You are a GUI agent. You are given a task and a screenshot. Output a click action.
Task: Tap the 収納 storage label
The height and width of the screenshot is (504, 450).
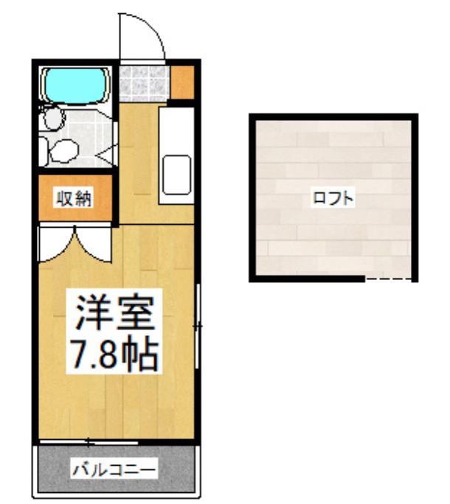[x=75, y=199]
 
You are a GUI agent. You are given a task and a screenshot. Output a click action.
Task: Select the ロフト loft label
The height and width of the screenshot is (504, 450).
[x=333, y=198]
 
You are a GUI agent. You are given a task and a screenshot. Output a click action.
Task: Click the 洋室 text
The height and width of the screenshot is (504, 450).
[x=114, y=312]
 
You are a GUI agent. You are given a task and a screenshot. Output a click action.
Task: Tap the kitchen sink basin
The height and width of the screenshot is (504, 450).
[x=176, y=175]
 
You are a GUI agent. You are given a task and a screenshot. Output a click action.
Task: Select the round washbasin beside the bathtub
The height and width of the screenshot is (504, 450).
[x=53, y=118]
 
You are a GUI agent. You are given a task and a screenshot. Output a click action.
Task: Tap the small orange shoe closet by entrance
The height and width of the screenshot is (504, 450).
[x=182, y=83]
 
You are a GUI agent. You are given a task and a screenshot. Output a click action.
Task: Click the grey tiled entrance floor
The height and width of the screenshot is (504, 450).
[x=144, y=84]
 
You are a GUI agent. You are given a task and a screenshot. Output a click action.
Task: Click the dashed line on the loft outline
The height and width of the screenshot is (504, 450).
[x=388, y=279]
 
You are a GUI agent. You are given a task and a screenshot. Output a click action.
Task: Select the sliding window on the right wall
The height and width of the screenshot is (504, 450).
[x=198, y=326]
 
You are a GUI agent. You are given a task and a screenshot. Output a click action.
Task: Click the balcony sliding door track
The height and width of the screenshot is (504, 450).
[x=89, y=443]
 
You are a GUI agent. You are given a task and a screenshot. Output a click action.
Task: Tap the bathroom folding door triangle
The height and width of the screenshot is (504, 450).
[x=107, y=156]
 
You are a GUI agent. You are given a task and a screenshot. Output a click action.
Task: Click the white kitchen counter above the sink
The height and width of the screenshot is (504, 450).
[x=176, y=131]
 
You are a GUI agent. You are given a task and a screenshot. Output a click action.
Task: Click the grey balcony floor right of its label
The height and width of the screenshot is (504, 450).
[x=176, y=471]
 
